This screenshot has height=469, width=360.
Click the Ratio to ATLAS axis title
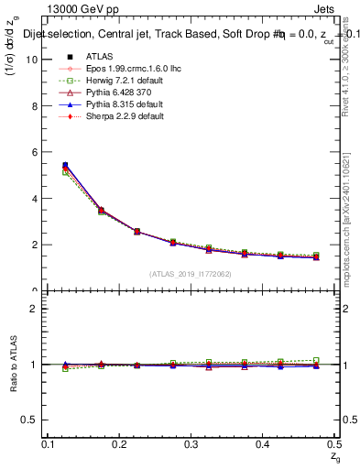coord(14,365)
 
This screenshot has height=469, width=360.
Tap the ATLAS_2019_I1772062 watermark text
coord(191,274)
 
